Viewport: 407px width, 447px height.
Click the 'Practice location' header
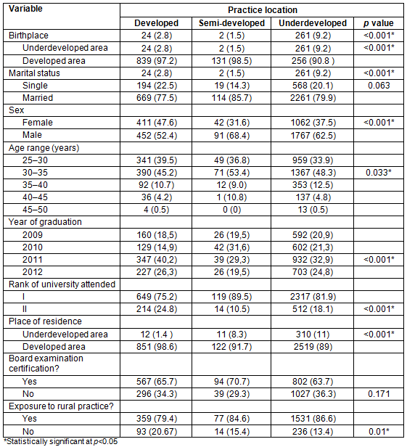263,10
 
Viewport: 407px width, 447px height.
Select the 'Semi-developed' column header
231,23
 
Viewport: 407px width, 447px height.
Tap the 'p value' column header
379,23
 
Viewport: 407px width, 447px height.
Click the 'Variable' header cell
25,9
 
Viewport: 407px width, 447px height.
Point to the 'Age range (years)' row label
44,148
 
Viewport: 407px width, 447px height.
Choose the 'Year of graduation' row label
45,222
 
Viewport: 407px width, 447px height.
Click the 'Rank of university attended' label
62,284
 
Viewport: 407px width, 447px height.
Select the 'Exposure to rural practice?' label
61,406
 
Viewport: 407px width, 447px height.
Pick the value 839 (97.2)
157,61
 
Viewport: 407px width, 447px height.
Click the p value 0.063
379,86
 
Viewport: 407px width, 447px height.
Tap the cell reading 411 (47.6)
157,123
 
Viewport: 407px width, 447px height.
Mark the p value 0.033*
379,173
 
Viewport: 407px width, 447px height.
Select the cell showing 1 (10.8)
231,197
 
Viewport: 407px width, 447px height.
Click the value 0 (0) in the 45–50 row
231,210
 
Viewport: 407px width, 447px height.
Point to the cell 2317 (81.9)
313,297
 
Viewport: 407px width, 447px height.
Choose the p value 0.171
379,394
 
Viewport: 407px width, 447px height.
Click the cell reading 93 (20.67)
157,432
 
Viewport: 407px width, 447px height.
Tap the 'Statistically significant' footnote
60,442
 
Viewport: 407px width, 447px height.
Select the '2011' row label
33,260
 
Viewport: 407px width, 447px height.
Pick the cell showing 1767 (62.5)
313,135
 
